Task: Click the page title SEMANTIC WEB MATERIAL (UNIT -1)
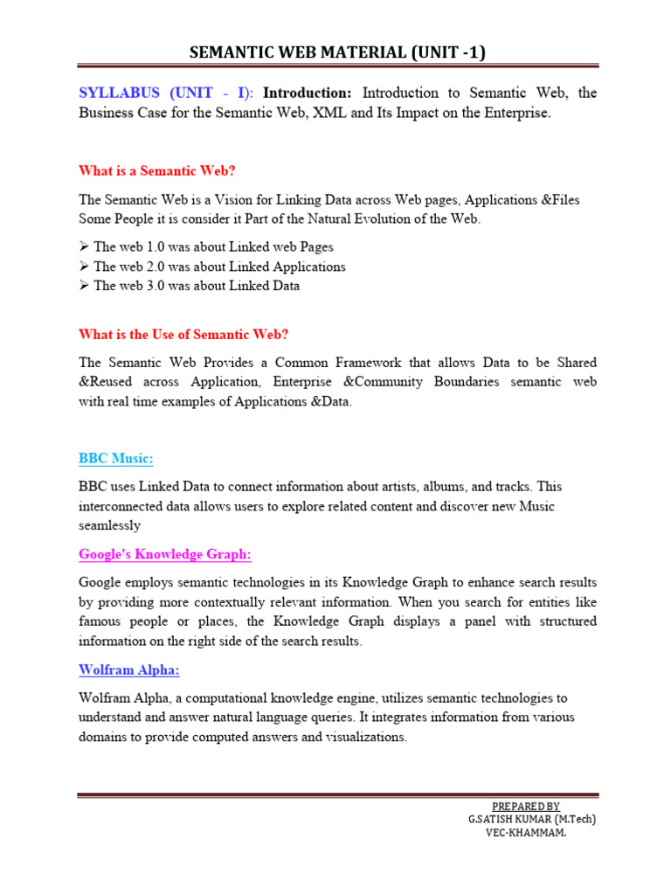coord(337,52)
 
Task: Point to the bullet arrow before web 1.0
coord(84,247)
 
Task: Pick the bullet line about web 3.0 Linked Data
coord(196,286)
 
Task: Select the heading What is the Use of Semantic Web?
coord(183,334)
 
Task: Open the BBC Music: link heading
coord(116,459)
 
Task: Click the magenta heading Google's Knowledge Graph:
coord(165,554)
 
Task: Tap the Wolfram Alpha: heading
coord(129,670)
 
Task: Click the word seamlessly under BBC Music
coord(109,526)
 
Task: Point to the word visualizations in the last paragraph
coord(363,737)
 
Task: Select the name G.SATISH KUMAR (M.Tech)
coord(532,819)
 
